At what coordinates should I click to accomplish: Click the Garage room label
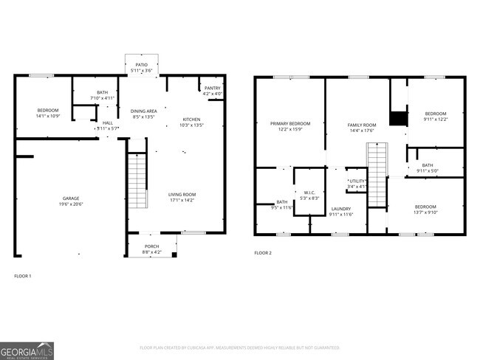point(71,198)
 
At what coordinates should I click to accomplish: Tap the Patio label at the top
point(141,65)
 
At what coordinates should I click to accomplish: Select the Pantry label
point(212,89)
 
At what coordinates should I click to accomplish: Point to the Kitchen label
point(191,120)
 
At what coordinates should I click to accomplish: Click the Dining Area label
point(144,110)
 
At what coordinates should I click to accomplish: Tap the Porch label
point(151,246)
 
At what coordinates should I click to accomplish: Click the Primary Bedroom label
point(289,123)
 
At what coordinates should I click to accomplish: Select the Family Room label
point(362,125)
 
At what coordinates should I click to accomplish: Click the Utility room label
point(357,180)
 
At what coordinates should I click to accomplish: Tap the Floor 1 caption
point(23,276)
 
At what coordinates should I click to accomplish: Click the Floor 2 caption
point(263,253)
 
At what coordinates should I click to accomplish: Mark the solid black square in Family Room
point(398,118)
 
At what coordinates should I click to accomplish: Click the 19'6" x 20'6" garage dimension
point(71,204)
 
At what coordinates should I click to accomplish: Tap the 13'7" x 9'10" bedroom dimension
point(425,212)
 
